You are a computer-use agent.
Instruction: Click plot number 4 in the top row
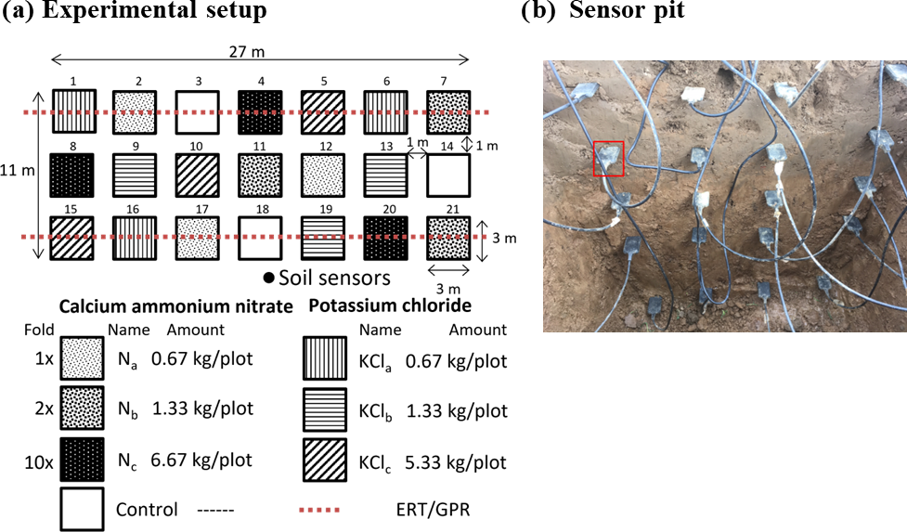[260, 112]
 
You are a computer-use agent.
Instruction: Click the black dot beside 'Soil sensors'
[268, 278]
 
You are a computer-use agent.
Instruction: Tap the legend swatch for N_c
[82, 459]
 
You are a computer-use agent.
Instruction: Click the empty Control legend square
[82, 509]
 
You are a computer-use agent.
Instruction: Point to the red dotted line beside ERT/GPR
[320, 510]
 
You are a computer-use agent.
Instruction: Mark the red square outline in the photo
[608, 159]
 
